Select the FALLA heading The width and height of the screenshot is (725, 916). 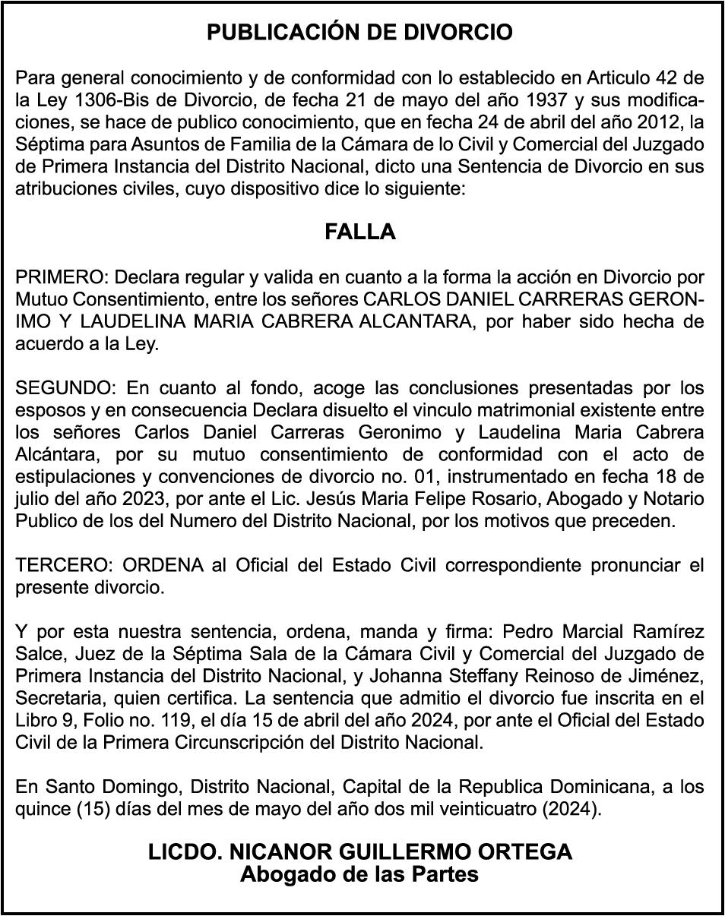coord(360,232)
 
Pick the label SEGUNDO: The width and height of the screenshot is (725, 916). coord(65,389)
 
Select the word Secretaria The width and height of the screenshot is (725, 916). coord(57,698)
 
